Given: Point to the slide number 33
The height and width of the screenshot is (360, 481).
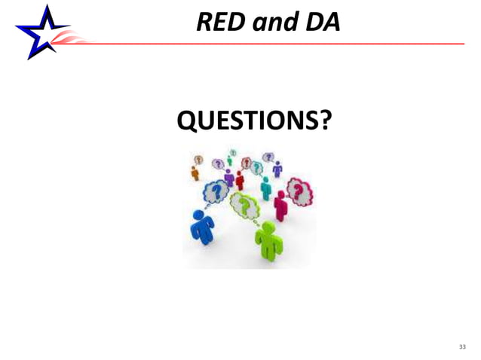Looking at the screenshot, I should pos(463,346).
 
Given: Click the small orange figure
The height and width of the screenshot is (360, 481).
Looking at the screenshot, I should pos(195,172).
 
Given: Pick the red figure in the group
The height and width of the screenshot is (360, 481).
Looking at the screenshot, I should pos(240,180).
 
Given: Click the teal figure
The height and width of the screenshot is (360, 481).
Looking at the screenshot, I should pos(265,187).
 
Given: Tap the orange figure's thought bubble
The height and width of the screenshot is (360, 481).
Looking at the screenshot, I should pos(198,160).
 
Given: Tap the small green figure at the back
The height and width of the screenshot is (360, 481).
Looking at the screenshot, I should pos(229,160).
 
